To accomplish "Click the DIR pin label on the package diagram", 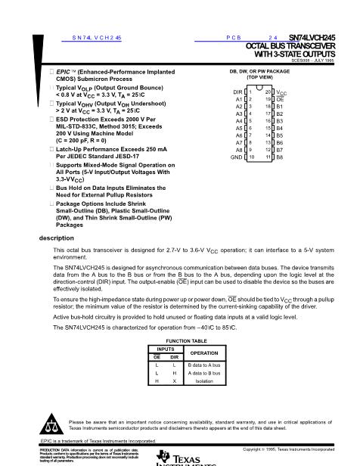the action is [x=236, y=92].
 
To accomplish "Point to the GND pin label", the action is [x=236, y=157].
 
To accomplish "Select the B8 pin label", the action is [x=280, y=157].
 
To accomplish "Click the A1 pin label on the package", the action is [x=238, y=99].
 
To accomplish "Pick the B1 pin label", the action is [x=280, y=107].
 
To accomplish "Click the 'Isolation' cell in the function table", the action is [x=183, y=381].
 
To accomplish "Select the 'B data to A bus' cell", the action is [x=183, y=365].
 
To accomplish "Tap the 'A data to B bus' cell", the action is [x=183, y=373].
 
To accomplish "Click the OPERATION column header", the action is [x=183, y=353].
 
